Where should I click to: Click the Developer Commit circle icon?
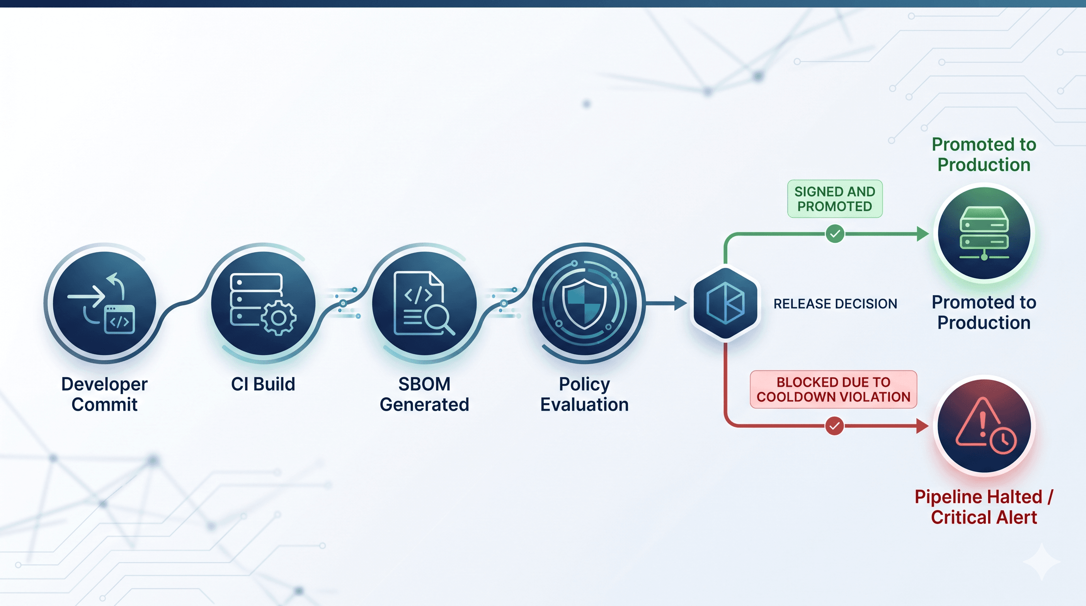(104, 303)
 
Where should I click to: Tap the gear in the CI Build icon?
(278, 318)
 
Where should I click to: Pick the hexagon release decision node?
(725, 303)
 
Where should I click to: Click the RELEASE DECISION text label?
(835, 303)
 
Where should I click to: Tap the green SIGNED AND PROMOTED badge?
(834, 199)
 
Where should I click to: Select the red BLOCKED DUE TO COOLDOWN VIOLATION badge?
(833, 389)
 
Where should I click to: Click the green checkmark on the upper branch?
(835, 234)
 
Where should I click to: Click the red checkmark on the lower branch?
(834, 426)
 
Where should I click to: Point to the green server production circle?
(984, 233)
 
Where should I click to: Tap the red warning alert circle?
(984, 426)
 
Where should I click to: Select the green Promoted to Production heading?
(984, 154)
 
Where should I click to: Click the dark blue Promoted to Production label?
(984, 312)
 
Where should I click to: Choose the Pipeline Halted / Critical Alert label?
(984, 507)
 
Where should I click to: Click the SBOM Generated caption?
(424, 394)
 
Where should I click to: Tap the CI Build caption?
(263, 384)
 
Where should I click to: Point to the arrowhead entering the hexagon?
(680, 303)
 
